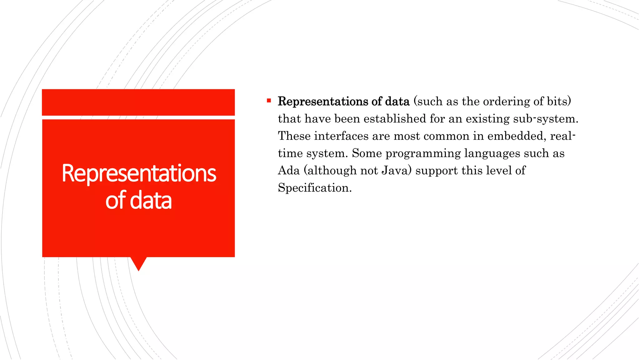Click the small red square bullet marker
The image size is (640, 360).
tap(269, 101)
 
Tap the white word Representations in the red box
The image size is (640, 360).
tap(139, 173)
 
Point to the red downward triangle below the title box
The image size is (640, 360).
tap(138, 263)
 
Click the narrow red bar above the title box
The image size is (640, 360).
tap(138, 102)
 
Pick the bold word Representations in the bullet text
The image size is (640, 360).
tap(323, 102)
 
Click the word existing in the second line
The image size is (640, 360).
tap(487, 119)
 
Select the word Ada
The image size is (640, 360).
tap(289, 171)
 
